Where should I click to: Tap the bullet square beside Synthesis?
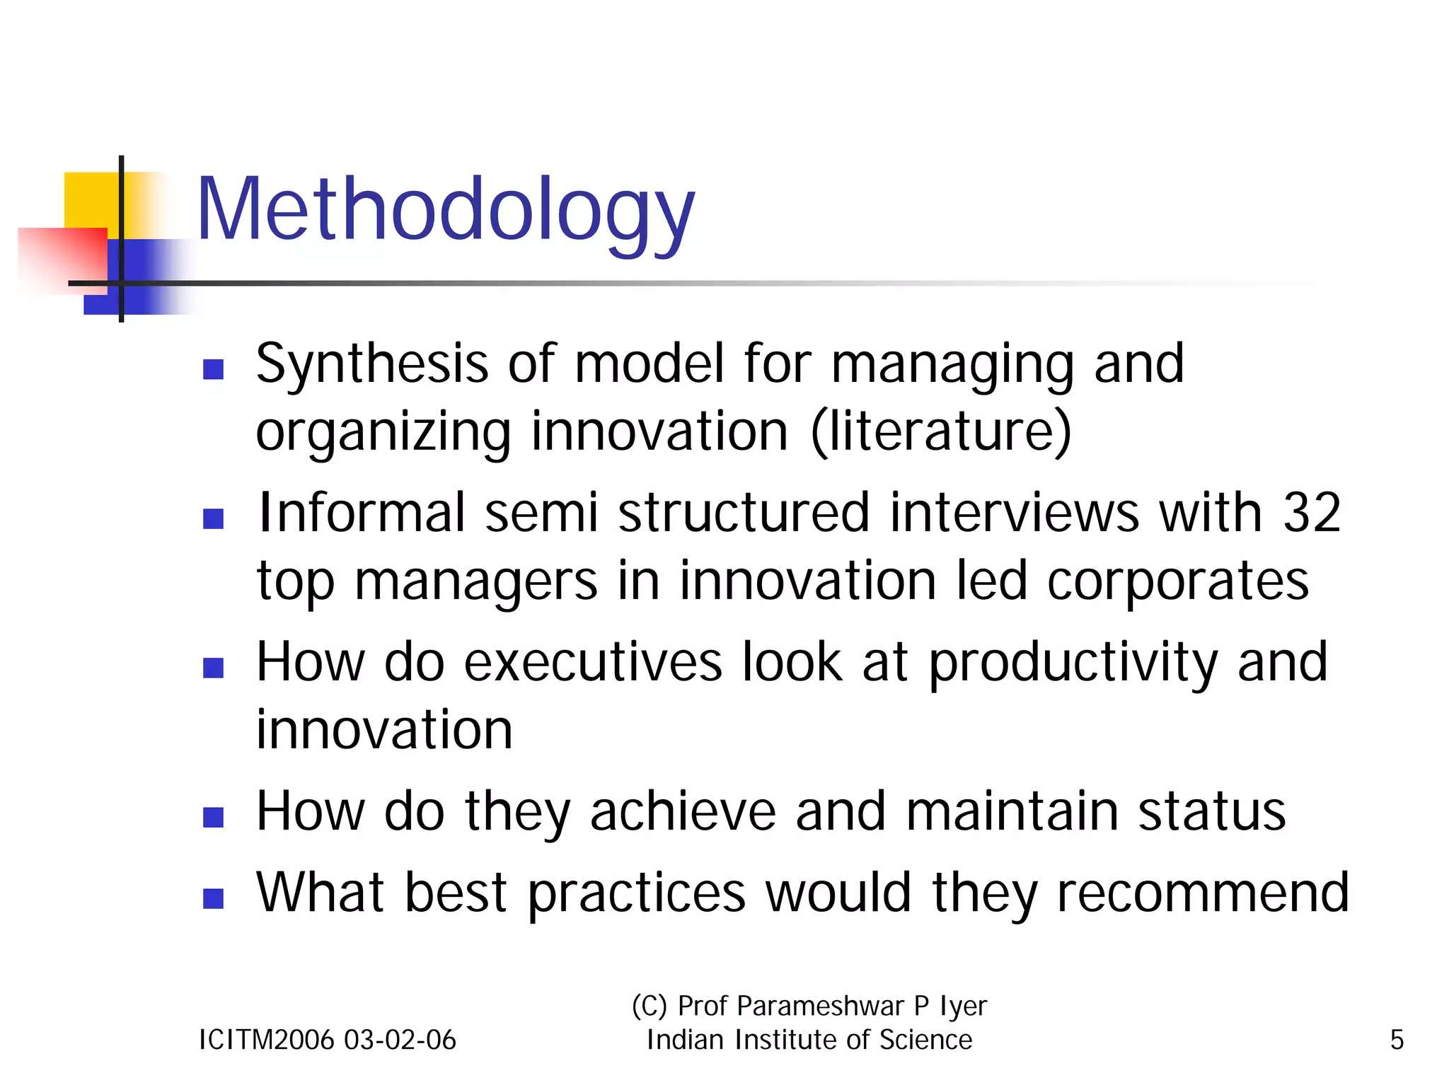(x=213, y=369)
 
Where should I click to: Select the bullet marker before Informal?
(x=213, y=518)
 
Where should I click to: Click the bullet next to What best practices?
(x=213, y=898)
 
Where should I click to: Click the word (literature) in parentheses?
(x=941, y=431)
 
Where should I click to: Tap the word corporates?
(x=1177, y=581)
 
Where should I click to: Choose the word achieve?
(x=683, y=812)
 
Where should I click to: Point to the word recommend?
(x=1203, y=893)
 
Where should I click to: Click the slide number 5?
(x=1397, y=1040)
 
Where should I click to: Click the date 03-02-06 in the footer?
(x=400, y=1040)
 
